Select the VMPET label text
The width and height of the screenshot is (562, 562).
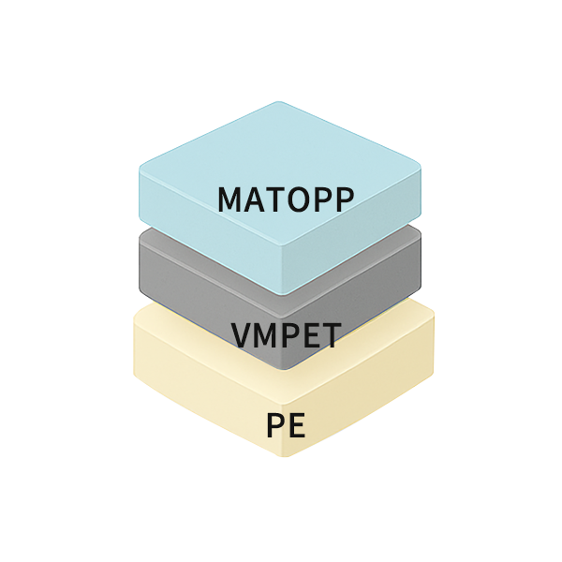tap(286, 334)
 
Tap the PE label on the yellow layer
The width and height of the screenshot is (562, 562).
tap(285, 425)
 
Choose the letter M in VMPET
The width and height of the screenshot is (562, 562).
tap(265, 334)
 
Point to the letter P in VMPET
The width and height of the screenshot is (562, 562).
tap(288, 334)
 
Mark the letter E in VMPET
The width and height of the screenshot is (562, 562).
tap(307, 334)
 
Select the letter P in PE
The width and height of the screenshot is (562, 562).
tap(274, 425)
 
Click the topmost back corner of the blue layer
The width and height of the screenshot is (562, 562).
tap(281, 103)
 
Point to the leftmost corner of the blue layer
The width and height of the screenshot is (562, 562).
tap(140, 169)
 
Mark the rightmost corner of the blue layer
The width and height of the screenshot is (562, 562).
tap(421, 169)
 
